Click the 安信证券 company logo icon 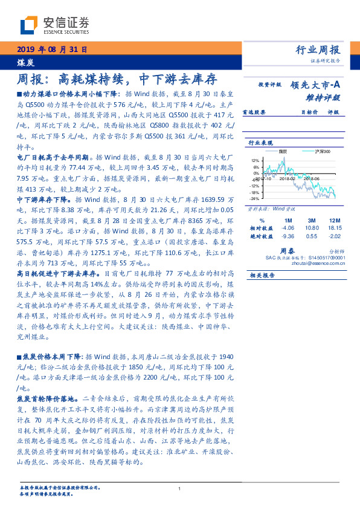coord(29,26)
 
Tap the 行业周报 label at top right coord(320,50)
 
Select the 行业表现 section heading coord(260,143)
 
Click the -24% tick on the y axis coord(255,198)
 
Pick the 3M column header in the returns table coord(312,219)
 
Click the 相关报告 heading coord(260,274)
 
